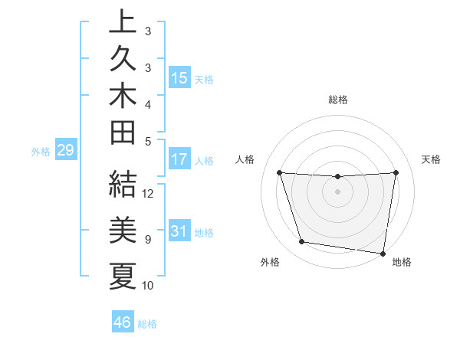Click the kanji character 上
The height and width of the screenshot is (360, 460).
(123, 23)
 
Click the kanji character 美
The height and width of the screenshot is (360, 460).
(123, 230)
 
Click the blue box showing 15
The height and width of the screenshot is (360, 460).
(179, 78)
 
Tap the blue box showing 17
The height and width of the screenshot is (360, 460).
(179, 160)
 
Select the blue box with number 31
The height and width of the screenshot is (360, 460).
(179, 231)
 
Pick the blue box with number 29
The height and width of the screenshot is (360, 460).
(65, 151)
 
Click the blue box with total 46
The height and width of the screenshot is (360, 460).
(123, 322)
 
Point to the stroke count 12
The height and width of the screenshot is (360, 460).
(149, 193)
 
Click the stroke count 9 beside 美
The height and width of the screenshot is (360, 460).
(148, 240)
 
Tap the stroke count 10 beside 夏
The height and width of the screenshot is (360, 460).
(149, 286)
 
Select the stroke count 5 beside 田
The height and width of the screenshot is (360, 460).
(148, 141)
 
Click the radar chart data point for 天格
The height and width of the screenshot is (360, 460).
(396, 172)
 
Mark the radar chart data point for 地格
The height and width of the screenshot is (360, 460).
(383, 253)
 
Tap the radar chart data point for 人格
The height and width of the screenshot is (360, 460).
(279, 172)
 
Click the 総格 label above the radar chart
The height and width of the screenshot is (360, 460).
(338, 100)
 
